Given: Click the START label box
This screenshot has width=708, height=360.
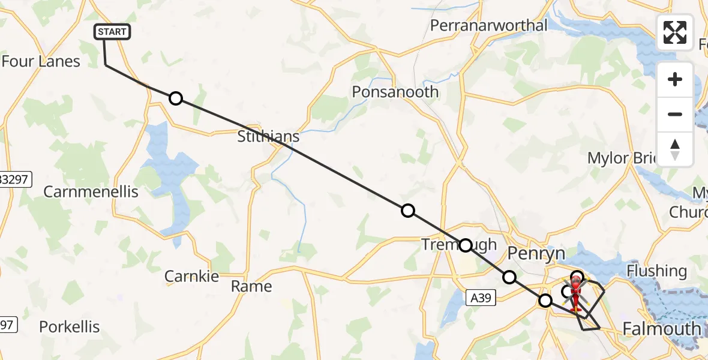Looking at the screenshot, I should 112,32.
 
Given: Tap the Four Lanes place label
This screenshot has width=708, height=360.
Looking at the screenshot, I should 41,61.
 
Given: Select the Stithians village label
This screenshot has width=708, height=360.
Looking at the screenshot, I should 268,137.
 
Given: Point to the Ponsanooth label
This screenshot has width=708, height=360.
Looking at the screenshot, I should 395,92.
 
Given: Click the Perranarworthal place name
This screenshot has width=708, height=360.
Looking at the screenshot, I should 489,25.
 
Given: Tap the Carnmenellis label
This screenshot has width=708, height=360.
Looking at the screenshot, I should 91,192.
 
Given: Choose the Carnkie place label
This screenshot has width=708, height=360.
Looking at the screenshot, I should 191,276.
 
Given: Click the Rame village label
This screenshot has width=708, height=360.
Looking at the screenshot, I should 251,286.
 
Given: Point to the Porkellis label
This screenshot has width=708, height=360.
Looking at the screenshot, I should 70,327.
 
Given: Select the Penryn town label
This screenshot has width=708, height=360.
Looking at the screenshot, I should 536,254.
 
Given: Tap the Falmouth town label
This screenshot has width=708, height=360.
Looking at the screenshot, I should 662,329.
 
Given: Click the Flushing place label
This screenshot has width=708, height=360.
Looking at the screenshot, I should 656,271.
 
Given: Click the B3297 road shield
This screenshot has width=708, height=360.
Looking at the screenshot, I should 14,179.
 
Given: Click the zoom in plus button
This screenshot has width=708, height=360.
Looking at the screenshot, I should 675,79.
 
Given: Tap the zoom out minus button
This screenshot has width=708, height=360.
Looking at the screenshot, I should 675,114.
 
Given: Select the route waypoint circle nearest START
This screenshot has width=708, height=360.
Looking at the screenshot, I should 175,98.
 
